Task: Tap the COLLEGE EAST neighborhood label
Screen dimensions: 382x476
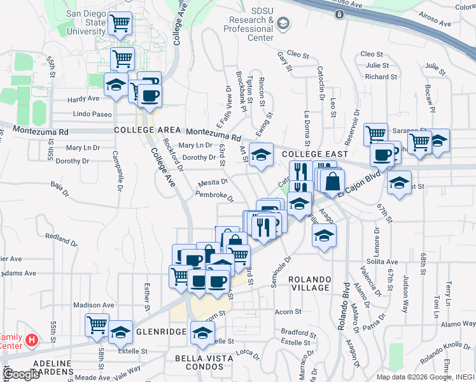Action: click(315, 154)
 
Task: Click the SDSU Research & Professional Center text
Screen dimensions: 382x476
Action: click(252, 29)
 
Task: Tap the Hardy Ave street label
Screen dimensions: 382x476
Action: click(84, 99)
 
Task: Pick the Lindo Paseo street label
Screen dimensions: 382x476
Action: click(92, 114)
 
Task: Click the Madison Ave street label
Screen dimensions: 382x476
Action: click(93, 305)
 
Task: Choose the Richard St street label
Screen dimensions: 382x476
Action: click(381, 77)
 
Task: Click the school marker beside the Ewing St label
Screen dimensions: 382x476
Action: click(260, 155)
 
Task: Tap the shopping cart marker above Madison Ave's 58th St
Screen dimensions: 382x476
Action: click(97, 325)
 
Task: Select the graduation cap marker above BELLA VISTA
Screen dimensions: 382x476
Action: click(203, 333)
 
